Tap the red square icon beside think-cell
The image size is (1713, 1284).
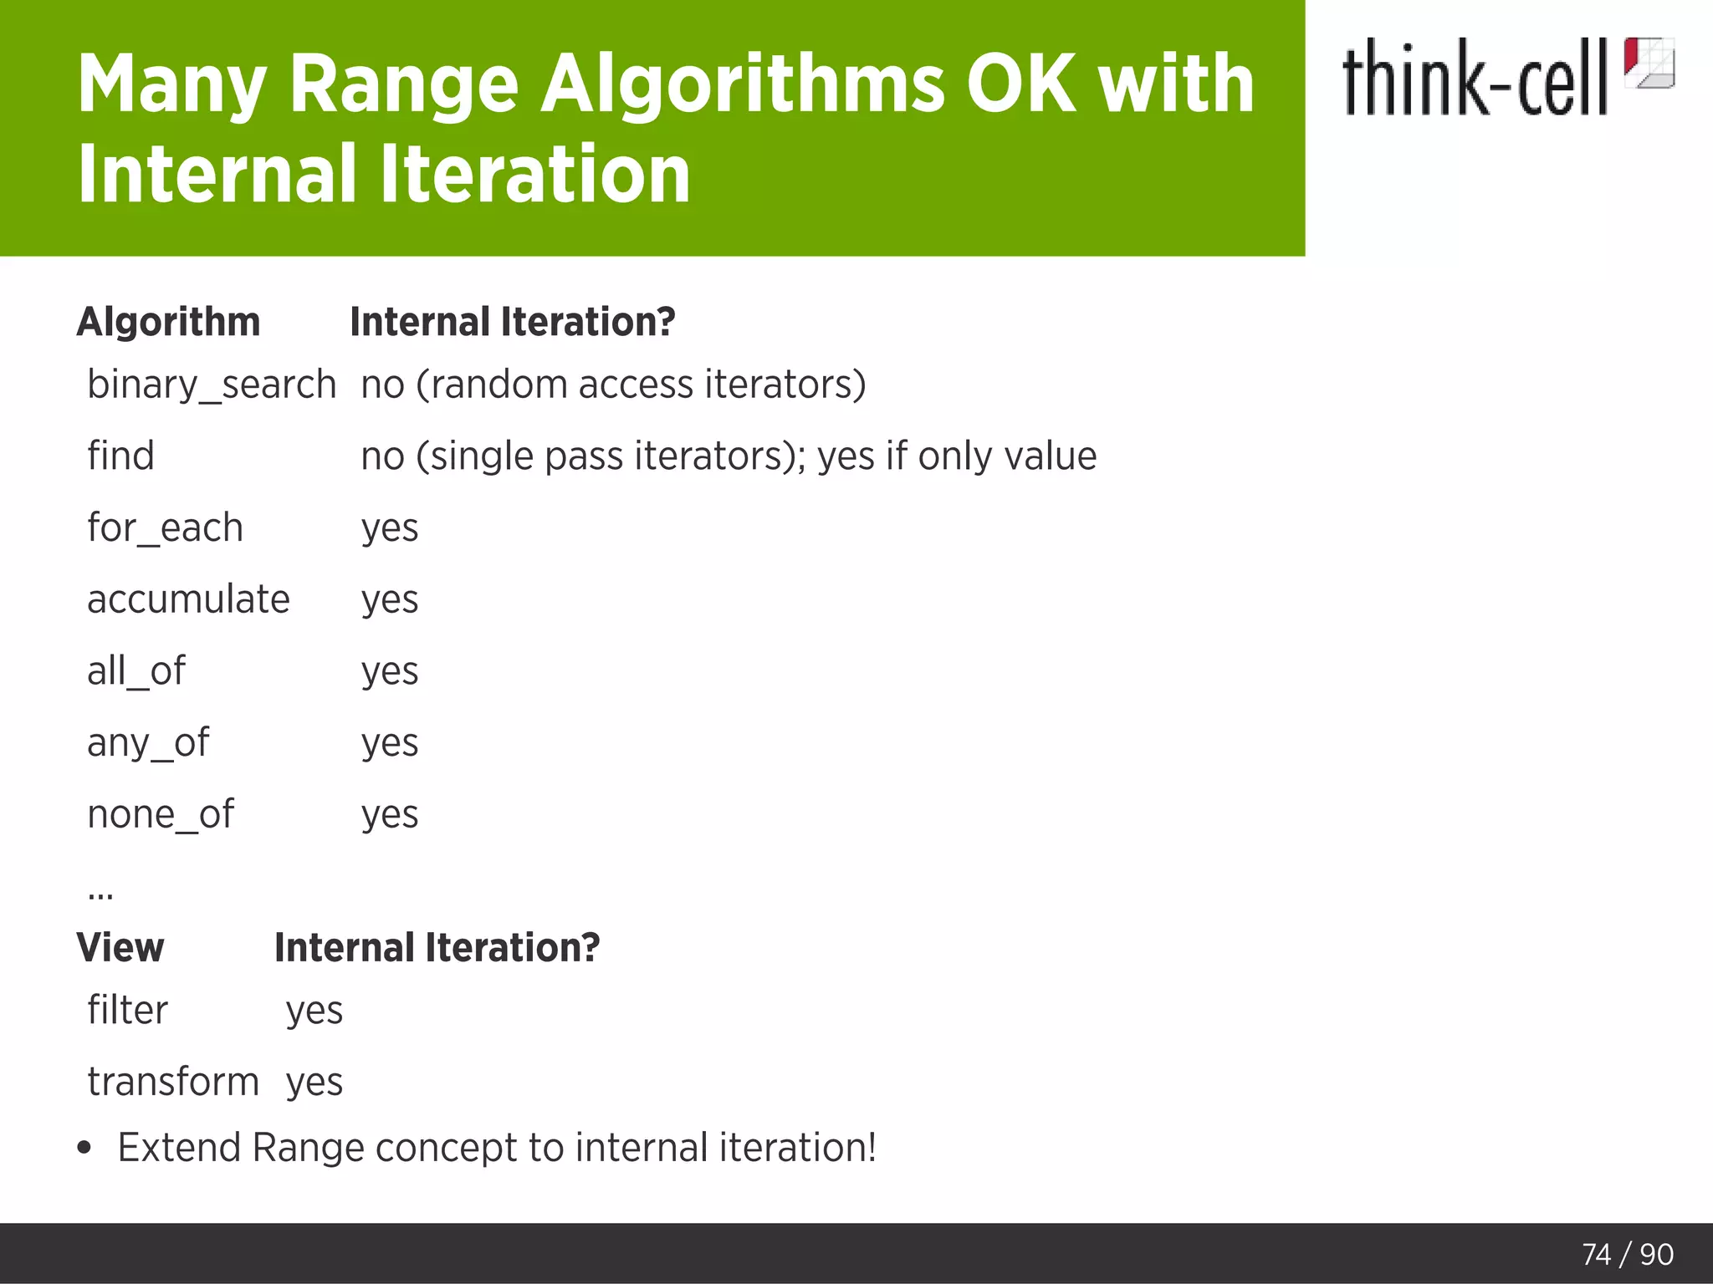click(x=1649, y=63)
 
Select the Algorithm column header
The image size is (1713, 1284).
click(x=168, y=322)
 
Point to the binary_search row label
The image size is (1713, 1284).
click(x=212, y=385)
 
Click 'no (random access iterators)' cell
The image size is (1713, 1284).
click(x=613, y=385)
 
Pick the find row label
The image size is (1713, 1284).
click(x=120, y=456)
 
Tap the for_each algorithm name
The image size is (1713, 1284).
click(x=165, y=528)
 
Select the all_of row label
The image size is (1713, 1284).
click(x=136, y=671)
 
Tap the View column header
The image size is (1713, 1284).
click(x=120, y=948)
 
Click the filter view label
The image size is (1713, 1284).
click(x=127, y=1011)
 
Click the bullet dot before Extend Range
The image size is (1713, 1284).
click(x=84, y=1148)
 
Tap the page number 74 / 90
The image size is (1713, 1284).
click(x=1627, y=1254)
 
